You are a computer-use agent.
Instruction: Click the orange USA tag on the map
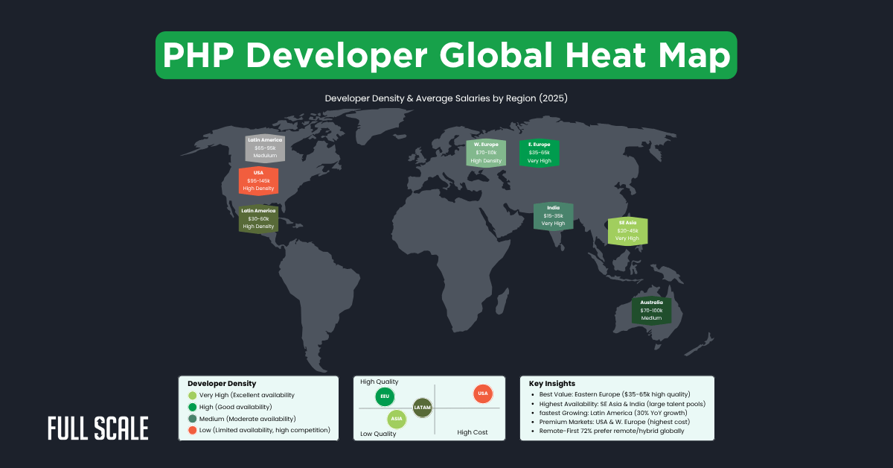(x=258, y=181)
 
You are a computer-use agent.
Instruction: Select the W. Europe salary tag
(x=486, y=152)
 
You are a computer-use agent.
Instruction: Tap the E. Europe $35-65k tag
(x=539, y=152)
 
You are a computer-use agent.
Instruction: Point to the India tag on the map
(x=553, y=215)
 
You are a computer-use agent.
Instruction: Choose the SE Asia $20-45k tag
(x=627, y=230)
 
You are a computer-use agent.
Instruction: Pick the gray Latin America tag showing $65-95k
(x=265, y=148)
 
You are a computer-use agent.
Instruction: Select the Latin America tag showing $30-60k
(x=258, y=218)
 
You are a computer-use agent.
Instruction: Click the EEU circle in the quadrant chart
(x=385, y=396)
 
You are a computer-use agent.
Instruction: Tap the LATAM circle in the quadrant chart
(x=422, y=408)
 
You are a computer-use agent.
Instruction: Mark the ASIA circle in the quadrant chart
(x=397, y=420)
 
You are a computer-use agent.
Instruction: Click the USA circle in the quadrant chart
(x=482, y=393)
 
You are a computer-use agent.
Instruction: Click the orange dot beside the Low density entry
(x=193, y=430)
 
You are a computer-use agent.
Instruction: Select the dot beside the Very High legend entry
(x=193, y=395)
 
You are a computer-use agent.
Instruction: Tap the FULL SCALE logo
(x=97, y=429)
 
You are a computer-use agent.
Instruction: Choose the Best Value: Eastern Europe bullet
(x=609, y=393)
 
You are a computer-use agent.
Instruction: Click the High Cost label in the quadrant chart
(x=472, y=432)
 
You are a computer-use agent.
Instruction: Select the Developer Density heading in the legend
(x=222, y=383)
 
